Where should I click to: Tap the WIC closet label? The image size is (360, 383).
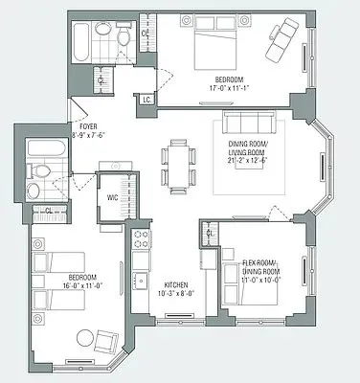tap(113, 199)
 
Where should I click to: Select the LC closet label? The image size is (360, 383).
tap(146, 98)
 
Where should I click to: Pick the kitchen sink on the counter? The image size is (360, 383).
tap(140, 280)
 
